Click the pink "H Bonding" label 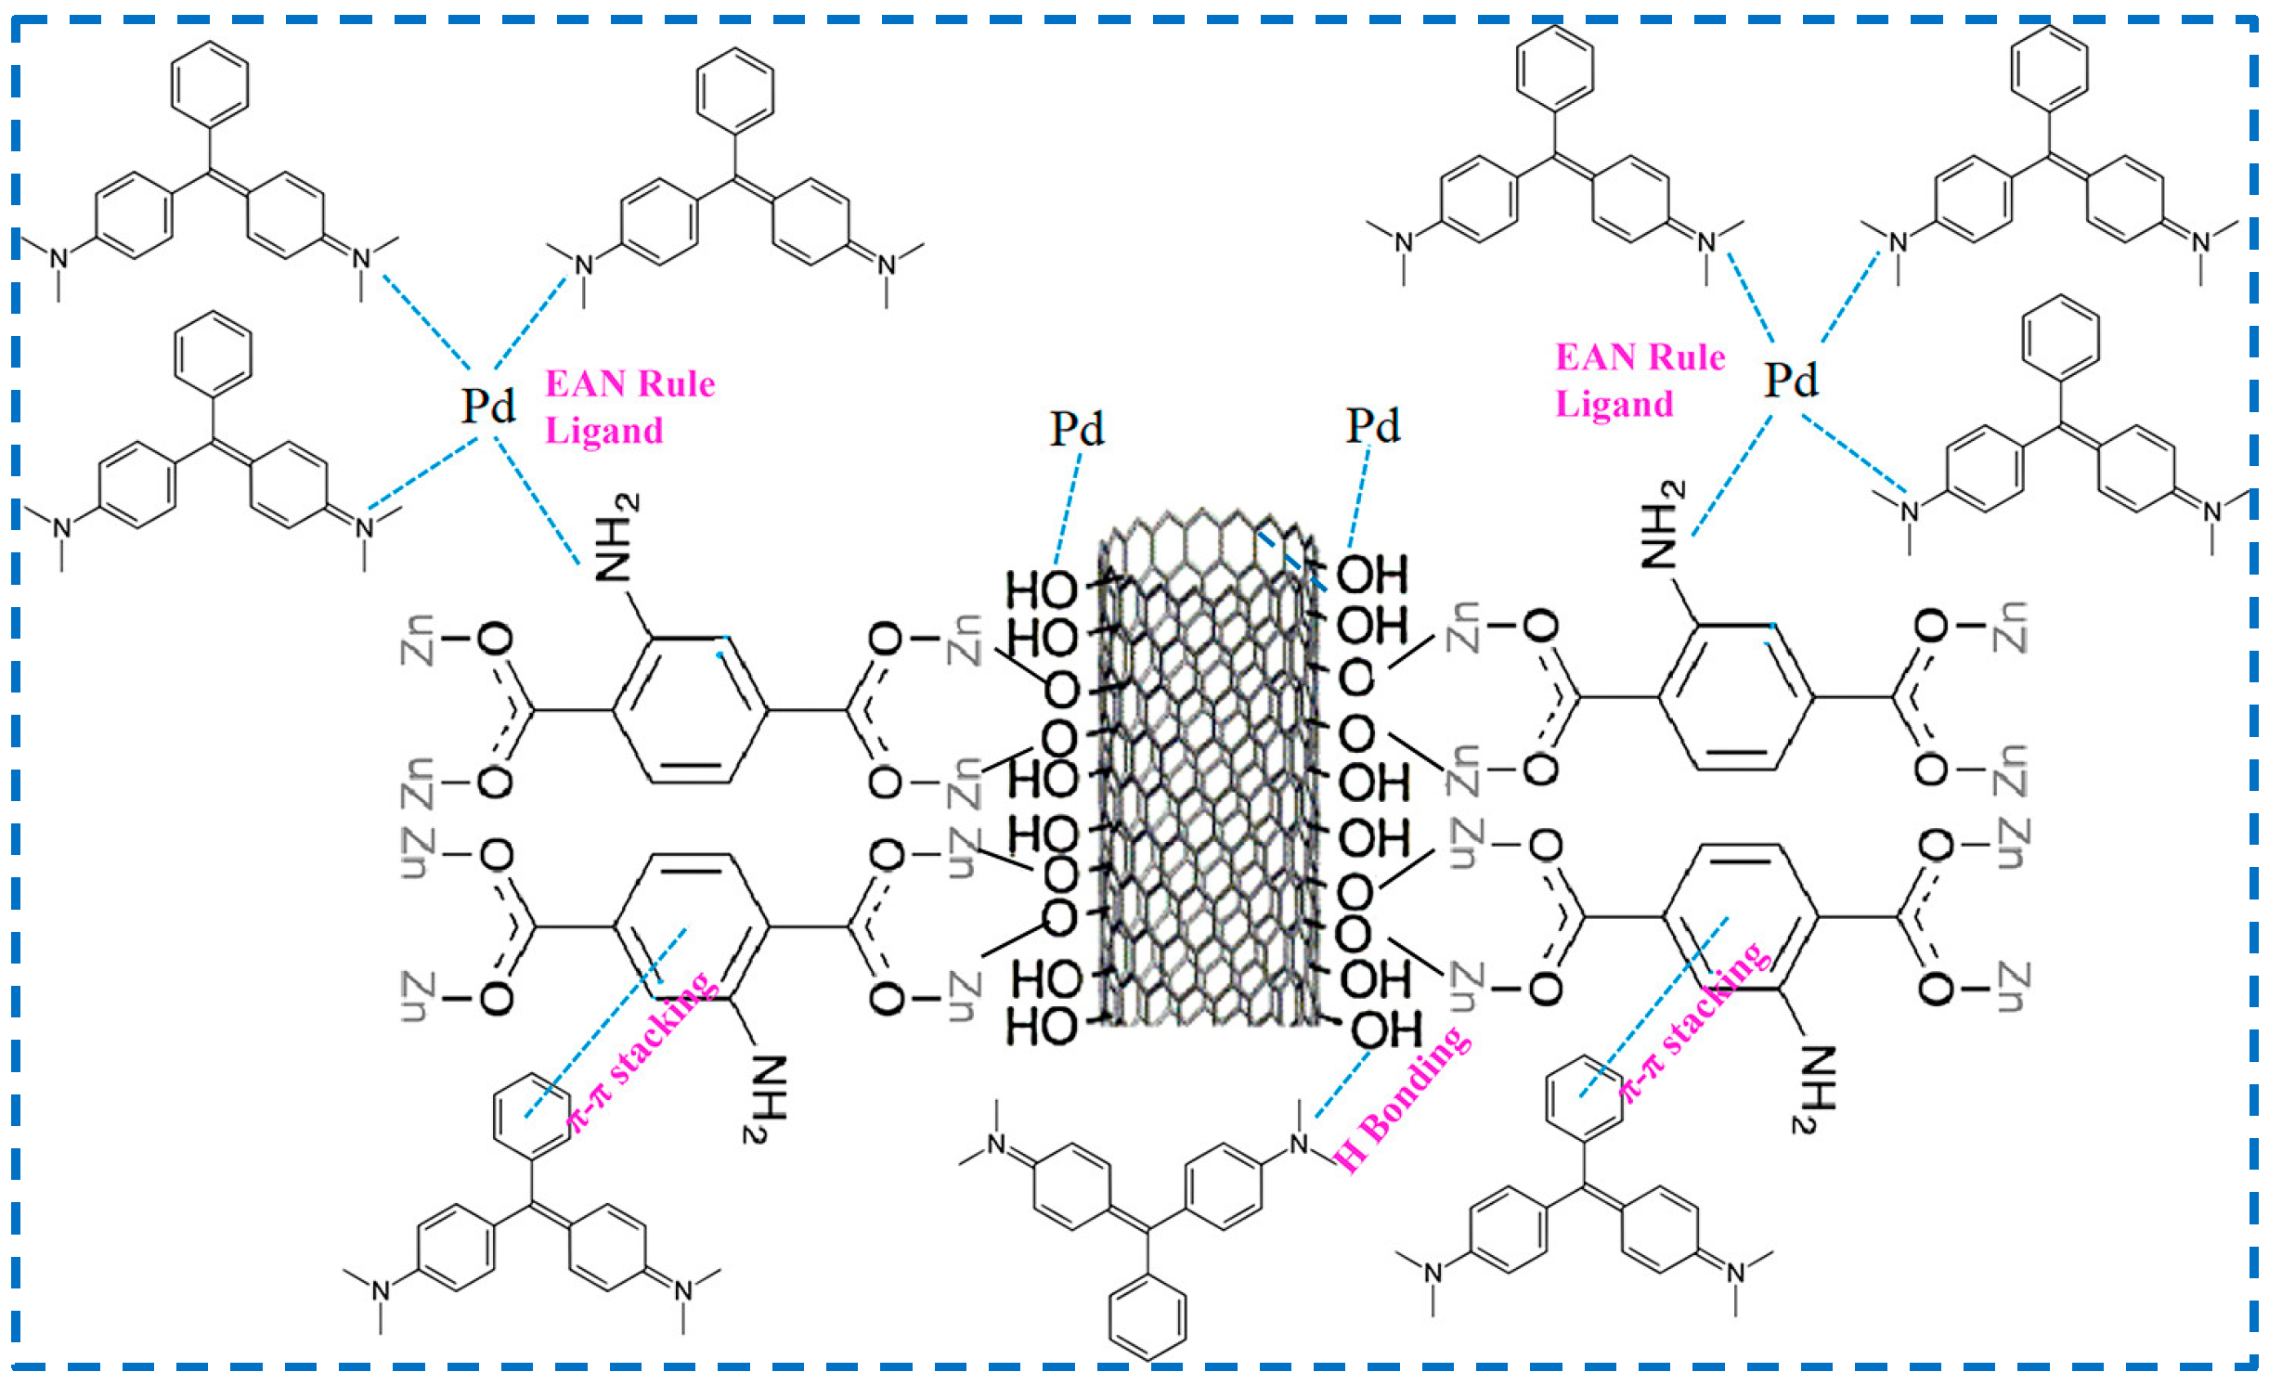point(1402,1100)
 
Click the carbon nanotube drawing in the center point(1207,770)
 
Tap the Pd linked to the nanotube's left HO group point(1076,429)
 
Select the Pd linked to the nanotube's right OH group point(1372,426)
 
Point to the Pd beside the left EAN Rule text point(488,406)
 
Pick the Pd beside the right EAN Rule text point(1790,380)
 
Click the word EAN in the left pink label point(585,384)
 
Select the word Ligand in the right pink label point(1614,405)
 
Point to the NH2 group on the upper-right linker point(1663,524)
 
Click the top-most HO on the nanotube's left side point(1042,590)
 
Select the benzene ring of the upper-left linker point(691,711)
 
